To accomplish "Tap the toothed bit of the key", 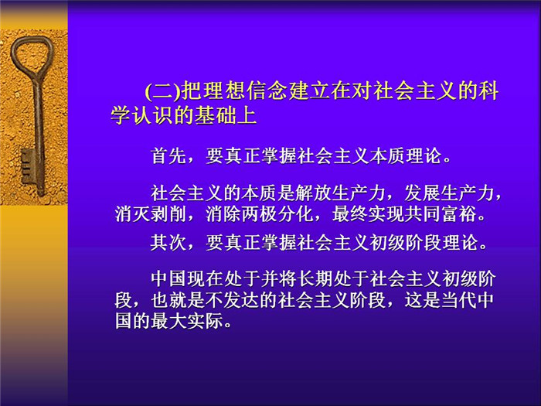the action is [x=29, y=166].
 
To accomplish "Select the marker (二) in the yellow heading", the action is [x=163, y=91].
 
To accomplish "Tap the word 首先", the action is [x=168, y=156].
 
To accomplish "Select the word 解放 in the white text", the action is [x=313, y=193].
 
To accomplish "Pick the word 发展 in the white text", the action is [x=422, y=193].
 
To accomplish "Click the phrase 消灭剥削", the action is [x=151, y=214].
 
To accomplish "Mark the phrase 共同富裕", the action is [x=441, y=214].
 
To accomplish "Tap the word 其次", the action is [x=168, y=243].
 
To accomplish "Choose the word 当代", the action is [x=459, y=300].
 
